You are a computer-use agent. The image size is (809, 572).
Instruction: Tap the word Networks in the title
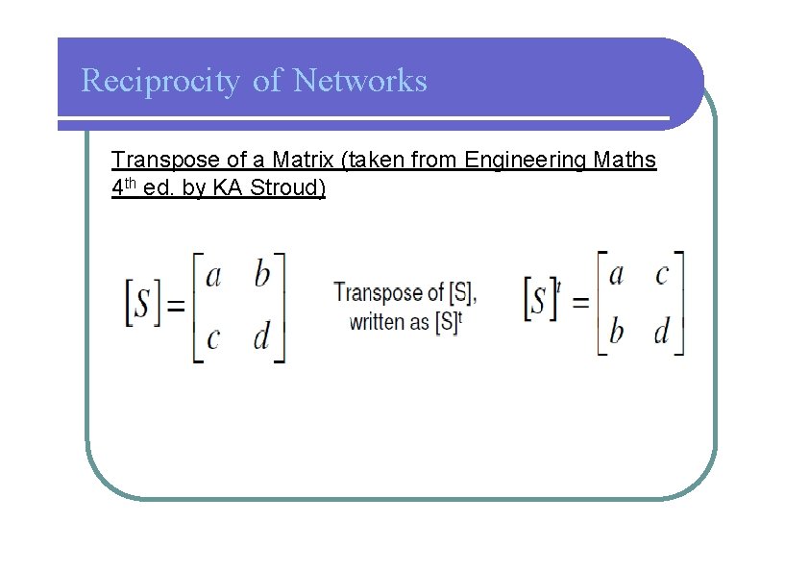pos(359,80)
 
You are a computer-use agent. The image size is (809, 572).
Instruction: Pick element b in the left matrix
pos(262,277)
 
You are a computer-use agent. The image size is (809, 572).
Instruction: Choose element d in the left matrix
pos(261,337)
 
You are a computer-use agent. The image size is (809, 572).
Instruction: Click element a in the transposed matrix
pos(616,275)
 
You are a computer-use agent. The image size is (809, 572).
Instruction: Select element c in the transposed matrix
pos(662,276)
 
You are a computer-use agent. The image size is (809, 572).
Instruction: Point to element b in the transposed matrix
pos(617,332)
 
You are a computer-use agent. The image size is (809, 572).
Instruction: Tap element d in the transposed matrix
pos(661,332)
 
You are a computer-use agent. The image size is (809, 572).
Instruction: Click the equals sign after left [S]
pos(176,307)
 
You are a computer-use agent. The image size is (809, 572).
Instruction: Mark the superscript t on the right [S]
pos(558,286)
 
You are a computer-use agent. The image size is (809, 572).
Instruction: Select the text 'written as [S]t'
pos(405,322)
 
